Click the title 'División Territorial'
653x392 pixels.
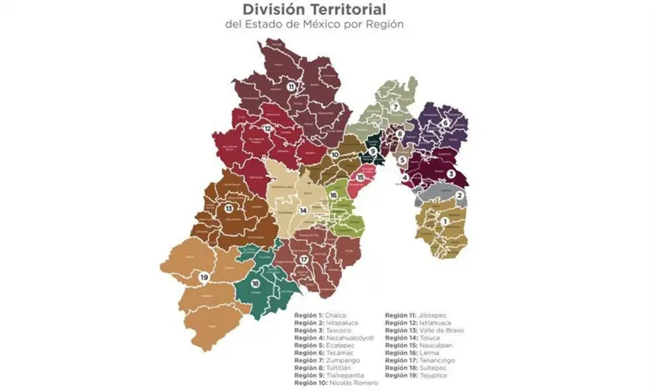(327, 10)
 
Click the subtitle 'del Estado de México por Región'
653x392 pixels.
(327, 25)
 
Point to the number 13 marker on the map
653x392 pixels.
(229, 208)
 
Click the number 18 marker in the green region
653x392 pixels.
(255, 284)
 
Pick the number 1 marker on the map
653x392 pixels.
(445, 222)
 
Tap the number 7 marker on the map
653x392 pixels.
(394, 108)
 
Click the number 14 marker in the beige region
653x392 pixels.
(302, 211)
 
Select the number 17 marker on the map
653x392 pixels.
(303, 260)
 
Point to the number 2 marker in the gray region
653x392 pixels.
(459, 196)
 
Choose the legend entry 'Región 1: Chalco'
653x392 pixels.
(321, 315)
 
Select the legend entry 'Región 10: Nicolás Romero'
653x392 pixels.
(336, 383)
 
